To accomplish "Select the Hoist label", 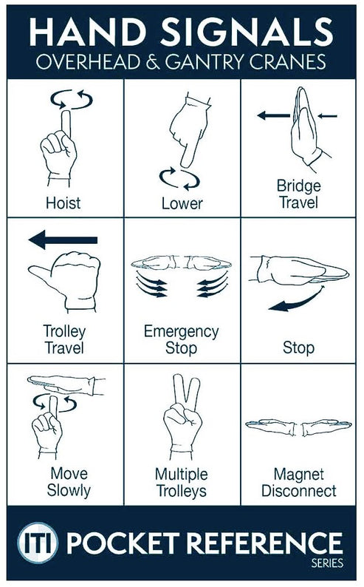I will coord(62,203).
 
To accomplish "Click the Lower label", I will coord(182,203).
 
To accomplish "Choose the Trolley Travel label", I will coord(63,339).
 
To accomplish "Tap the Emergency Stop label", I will coord(182,339).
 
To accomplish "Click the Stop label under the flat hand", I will coord(298,347).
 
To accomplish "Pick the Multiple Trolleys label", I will coord(182,481).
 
